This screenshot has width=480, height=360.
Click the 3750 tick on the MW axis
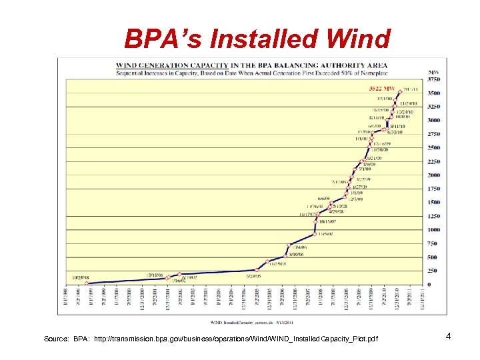433,78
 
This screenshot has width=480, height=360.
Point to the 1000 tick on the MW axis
433,230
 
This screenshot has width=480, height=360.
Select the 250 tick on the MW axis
432,271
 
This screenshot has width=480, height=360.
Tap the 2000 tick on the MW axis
433,175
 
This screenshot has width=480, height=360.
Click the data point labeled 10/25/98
87,283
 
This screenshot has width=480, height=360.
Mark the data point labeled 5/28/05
257,269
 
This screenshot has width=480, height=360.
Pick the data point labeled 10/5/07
315,234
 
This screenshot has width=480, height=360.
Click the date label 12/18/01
155,274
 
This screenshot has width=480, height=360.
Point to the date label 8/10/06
297,254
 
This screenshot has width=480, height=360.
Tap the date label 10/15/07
327,221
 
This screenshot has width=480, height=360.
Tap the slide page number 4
449,336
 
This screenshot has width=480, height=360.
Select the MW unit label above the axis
433,71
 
